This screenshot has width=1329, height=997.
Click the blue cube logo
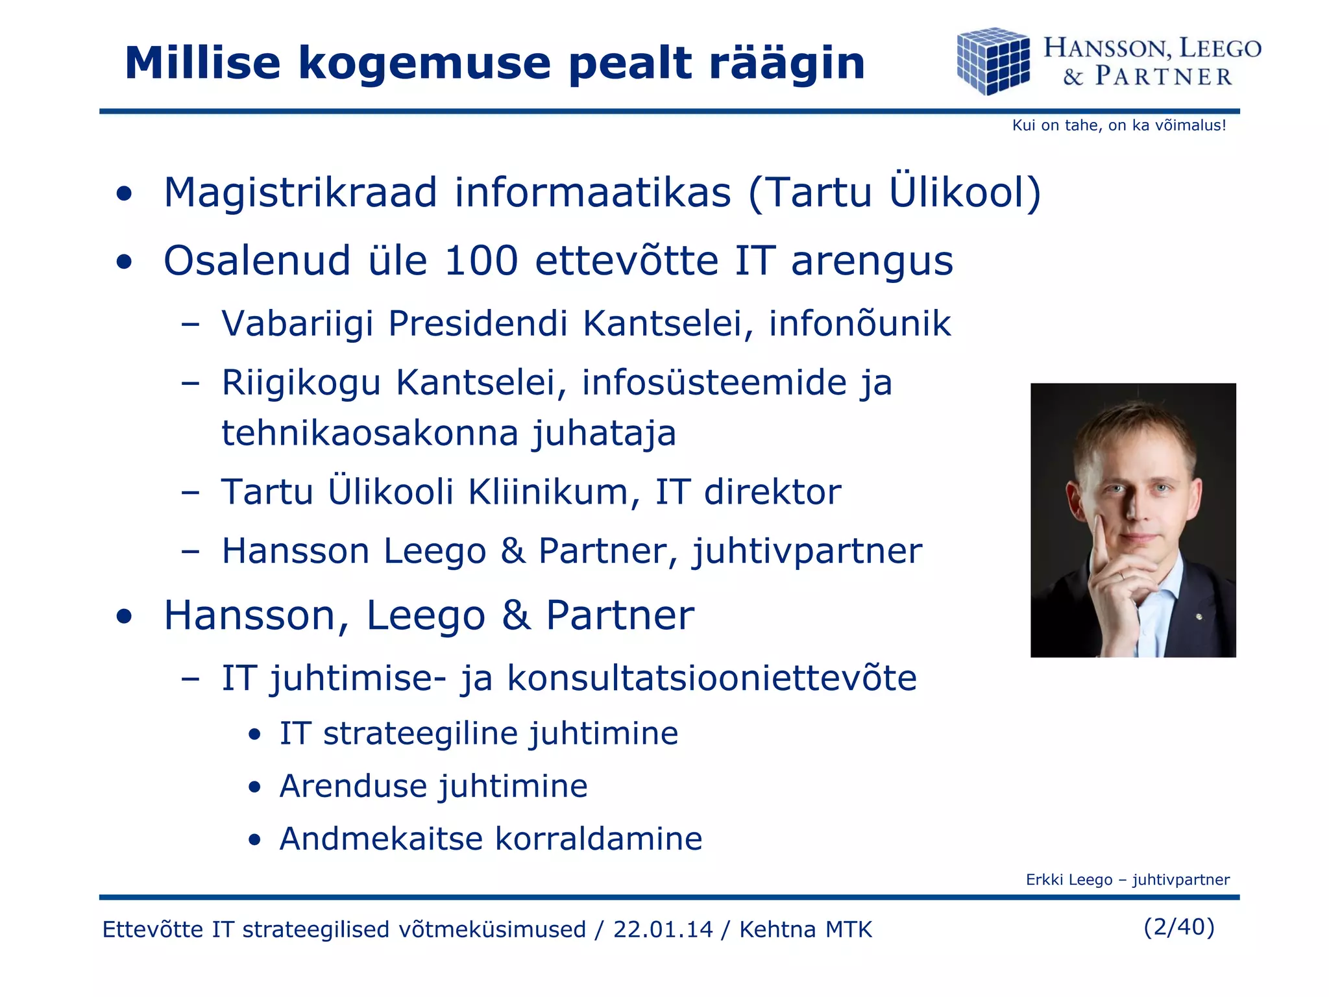click(x=993, y=61)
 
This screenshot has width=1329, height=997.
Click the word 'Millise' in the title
click(x=202, y=64)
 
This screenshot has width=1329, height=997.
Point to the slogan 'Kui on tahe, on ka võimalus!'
click(x=1119, y=125)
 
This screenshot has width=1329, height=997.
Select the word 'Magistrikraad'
click(x=300, y=193)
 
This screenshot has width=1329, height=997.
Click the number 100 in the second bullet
click(x=481, y=261)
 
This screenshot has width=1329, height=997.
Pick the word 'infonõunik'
click(x=859, y=323)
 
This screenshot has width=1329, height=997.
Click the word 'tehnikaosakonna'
click(x=370, y=433)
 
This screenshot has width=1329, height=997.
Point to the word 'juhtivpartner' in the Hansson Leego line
click(x=807, y=552)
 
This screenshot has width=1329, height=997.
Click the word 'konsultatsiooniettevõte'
click(x=711, y=678)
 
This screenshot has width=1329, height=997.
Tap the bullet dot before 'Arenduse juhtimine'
click(x=255, y=787)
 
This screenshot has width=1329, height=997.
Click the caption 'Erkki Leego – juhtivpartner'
click(x=1127, y=880)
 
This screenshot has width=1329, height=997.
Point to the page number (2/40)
click(x=1178, y=926)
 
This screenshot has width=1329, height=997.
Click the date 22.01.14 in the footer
click(x=663, y=929)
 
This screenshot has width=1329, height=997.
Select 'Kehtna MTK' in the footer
click(x=805, y=929)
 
